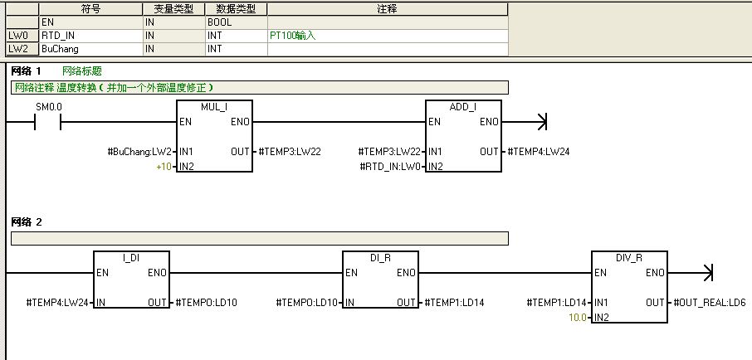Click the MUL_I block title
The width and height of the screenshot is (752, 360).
214,108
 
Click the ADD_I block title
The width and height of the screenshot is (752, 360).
463,108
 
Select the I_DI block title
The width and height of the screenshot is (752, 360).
131,258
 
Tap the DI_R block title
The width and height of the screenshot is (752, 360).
380,258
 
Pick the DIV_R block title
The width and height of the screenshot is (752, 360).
629,258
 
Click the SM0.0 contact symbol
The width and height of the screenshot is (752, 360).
48,123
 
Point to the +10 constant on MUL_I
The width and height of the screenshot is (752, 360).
164,167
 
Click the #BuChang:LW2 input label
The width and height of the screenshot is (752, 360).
140,153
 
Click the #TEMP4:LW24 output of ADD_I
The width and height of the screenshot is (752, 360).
539,153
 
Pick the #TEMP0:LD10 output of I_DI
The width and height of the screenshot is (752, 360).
207,303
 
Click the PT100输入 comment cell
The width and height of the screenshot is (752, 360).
293,36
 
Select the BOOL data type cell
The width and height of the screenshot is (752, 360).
220,22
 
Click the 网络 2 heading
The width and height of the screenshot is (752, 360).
26,222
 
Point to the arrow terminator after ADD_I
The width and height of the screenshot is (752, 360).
542,123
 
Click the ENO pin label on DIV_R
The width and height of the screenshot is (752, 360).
654,273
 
